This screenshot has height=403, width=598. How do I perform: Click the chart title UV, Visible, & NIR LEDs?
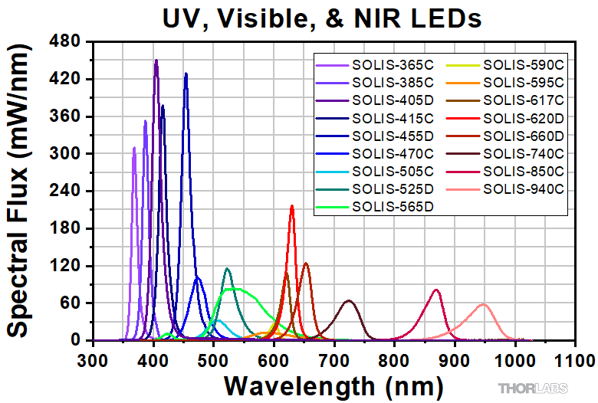click(x=321, y=17)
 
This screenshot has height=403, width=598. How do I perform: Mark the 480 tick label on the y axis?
click(x=67, y=42)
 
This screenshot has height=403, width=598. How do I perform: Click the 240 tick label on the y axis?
click(x=67, y=192)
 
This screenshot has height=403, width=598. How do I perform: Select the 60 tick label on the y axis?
click(x=71, y=303)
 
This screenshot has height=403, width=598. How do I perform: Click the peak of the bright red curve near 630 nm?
click(x=291, y=205)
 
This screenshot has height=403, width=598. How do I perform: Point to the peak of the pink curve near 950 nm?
click(x=483, y=304)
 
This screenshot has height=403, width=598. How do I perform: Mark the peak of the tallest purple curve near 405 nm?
click(x=156, y=60)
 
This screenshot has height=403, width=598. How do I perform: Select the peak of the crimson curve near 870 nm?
click(x=436, y=290)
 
